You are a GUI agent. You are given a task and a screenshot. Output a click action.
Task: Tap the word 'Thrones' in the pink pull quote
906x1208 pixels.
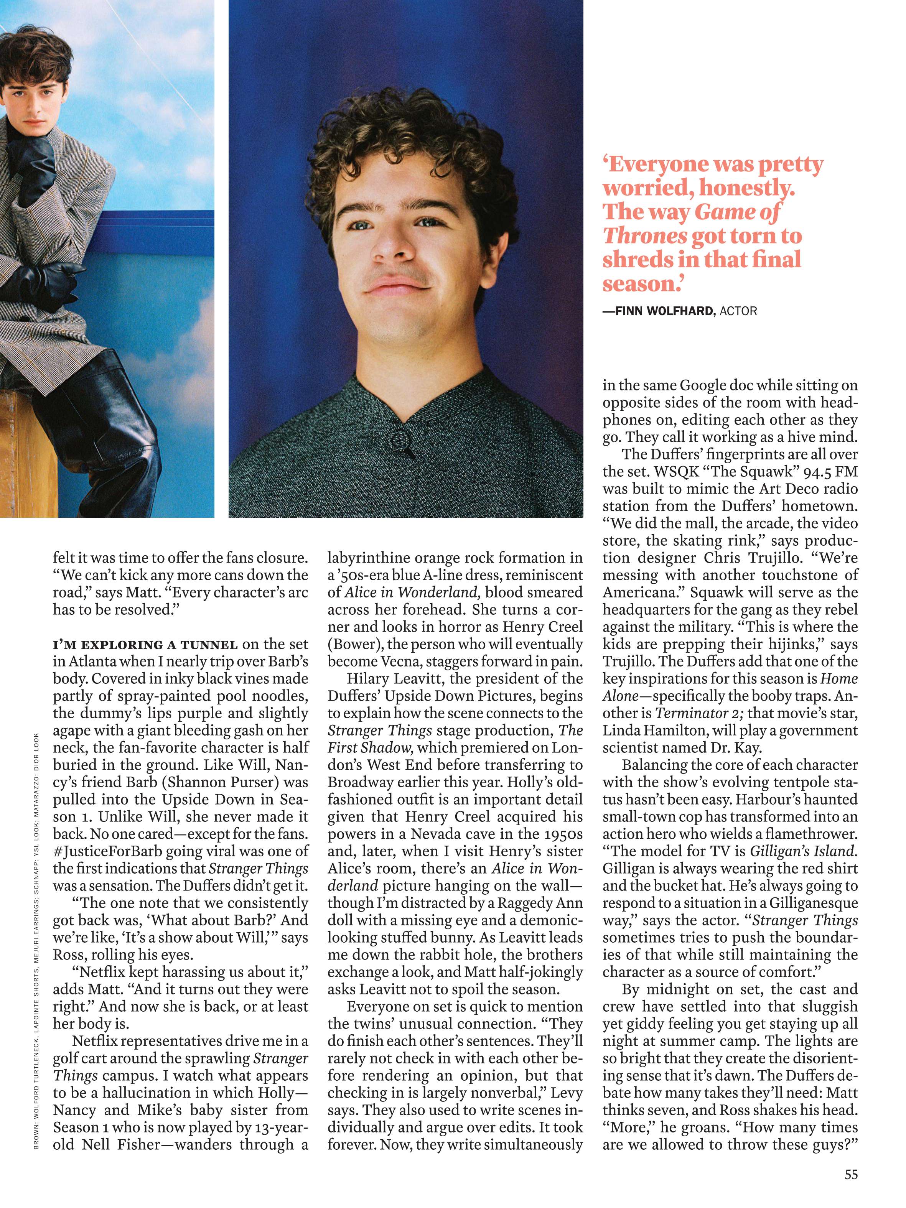click(x=644, y=236)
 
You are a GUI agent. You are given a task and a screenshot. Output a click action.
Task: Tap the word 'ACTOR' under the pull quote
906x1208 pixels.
click(x=738, y=311)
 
